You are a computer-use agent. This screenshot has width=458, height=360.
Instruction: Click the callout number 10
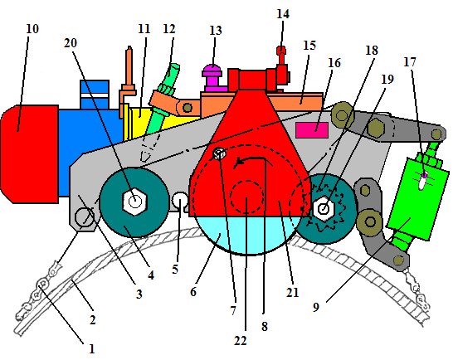(32, 29)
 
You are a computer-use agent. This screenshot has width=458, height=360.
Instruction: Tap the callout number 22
(240, 340)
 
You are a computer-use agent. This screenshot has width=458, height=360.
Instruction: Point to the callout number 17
(409, 62)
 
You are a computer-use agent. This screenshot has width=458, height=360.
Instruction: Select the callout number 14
(283, 14)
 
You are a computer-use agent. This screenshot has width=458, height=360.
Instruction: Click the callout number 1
(92, 348)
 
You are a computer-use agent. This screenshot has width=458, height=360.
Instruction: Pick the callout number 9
(316, 307)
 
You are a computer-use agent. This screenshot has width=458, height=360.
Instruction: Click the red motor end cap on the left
(30, 154)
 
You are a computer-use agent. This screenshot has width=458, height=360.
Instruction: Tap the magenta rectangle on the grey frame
(312, 130)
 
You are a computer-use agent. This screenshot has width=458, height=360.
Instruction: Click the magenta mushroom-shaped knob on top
(213, 77)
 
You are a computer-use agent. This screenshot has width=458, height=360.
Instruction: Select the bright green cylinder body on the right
(417, 198)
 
